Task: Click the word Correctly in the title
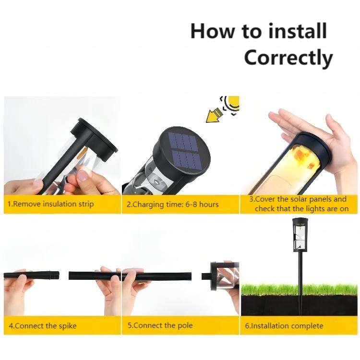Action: [x=288, y=58]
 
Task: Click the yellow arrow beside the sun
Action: [x=214, y=115]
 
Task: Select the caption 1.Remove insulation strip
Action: [x=50, y=204]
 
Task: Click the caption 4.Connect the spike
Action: [x=43, y=326]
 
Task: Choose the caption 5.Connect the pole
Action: [x=160, y=325]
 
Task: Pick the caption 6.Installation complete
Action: [x=284, y=326]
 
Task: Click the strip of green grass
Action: [x=299, y=290]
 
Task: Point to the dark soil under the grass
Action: [x=299, y=305]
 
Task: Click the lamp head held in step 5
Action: [x=224, y=276]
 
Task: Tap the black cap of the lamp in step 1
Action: [x=96, y=138]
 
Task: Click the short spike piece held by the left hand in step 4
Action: [x=32, y=275]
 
